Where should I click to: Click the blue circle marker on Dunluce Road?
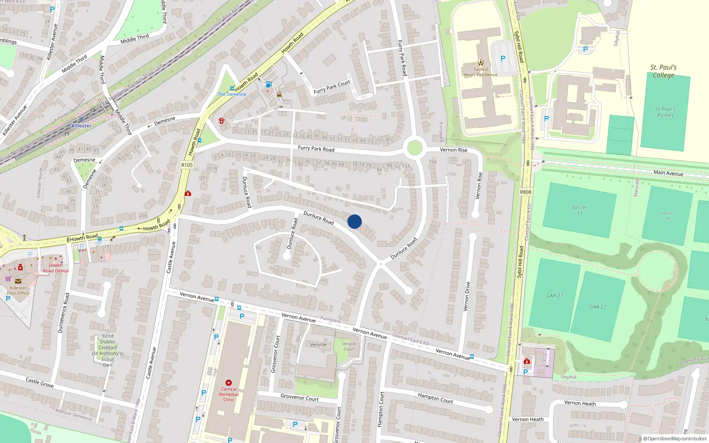[x=354, y=221]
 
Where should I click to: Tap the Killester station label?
[x=82, y=126]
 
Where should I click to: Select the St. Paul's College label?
[x=663, y=71]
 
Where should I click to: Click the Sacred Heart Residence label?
[x=480, y=72]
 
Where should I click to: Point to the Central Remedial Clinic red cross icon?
[x=229, y=383]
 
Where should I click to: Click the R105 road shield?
[x=187, y=165]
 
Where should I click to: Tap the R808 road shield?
[x=526, y=192]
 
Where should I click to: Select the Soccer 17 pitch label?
[x=579, y=210]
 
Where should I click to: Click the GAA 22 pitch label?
[x=598, y=307]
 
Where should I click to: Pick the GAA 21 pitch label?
[x=554, y=295]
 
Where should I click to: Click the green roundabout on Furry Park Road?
[x=414, y=148]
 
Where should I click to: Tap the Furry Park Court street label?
[x=332, y=87]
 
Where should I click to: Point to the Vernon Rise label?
[x=454, y=150]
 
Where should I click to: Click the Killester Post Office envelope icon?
[x=18, y=281]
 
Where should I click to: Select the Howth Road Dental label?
[x=56, y=268]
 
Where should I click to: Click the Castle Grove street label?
[x=39, y=382]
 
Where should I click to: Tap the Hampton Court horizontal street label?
[x=435, y=398]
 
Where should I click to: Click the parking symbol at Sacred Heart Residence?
[x=503, y=58]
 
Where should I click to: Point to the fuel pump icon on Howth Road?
[x=268, y=84]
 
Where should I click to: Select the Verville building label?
[x=318, y=345]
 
